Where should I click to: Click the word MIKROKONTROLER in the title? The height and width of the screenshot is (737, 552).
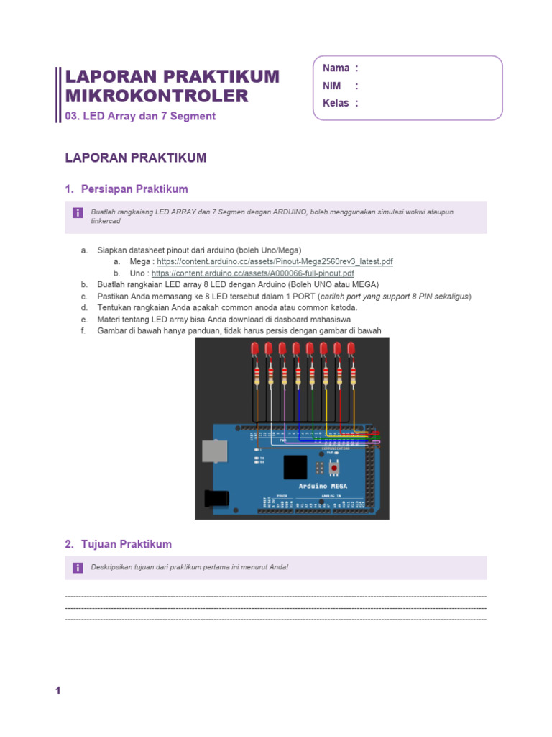coord(157,96)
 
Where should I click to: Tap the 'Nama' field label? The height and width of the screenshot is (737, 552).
coord(336,68)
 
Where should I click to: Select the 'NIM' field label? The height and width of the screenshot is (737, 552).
coord(332,86)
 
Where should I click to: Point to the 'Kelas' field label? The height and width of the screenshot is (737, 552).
coord(336,103)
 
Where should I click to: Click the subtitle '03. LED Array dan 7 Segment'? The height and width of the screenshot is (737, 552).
coord(140,116)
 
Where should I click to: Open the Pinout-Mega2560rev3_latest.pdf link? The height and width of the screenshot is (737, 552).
coord(275,262)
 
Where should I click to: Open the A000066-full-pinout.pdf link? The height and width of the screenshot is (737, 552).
coord(252,273)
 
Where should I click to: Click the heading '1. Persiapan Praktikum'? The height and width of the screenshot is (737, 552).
coord(126,189)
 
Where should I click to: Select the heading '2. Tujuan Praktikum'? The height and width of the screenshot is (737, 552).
coord(118,544)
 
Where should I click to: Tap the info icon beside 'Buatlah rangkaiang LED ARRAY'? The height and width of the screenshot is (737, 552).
coord(77,213)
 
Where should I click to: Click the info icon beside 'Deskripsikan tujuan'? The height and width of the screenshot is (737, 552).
coord(77,568)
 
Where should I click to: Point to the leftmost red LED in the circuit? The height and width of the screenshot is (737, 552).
coord(254,350)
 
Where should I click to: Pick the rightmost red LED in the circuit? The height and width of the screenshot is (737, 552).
coord(351,350)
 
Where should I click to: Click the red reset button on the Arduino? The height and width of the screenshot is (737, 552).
coord(333,469)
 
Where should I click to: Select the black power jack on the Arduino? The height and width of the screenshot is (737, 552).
coord(216,497)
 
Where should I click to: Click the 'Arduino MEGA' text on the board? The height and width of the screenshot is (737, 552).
coord(323,487)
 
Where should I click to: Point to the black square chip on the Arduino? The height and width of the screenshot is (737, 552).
coord(295,467)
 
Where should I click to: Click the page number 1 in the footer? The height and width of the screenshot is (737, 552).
coord(58,691)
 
